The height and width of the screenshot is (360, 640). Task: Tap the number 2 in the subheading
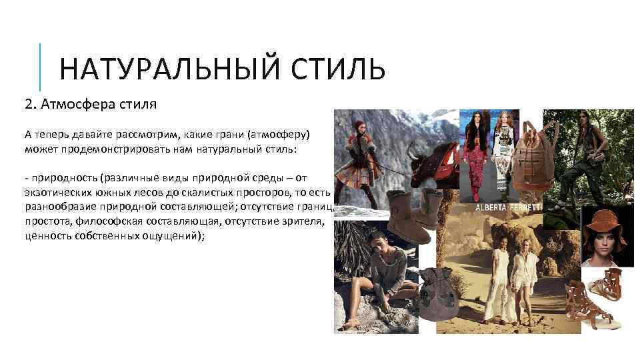(28, 105)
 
